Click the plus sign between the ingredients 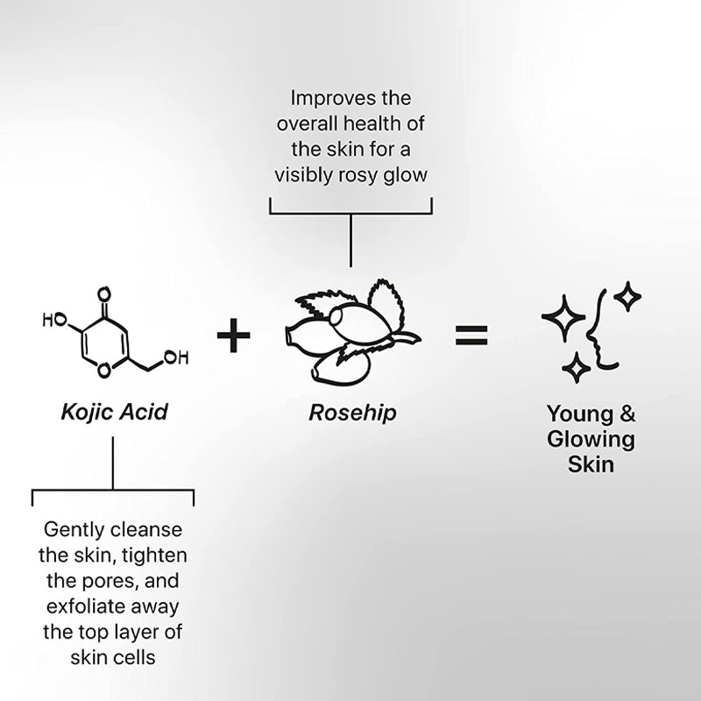click(x=233, y=336)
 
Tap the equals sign click(x=471, y=336)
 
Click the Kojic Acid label click(x=115, y=412)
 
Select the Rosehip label click(x=353, y=413)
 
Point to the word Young click(x=580, y=414)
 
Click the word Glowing click(x=591, y=439)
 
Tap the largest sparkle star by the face click(x=563, y=317)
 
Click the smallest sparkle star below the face click(x=577, y=368)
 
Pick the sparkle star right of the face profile click(x=627, y=296)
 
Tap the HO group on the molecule click(x=54, y=320)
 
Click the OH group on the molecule click(x=176, y=358)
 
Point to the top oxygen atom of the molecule click(x=104, y=294)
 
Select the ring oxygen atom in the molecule click(x=104, y=370)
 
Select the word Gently click(x=74, y=531)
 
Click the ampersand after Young click(x=627, y=413)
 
